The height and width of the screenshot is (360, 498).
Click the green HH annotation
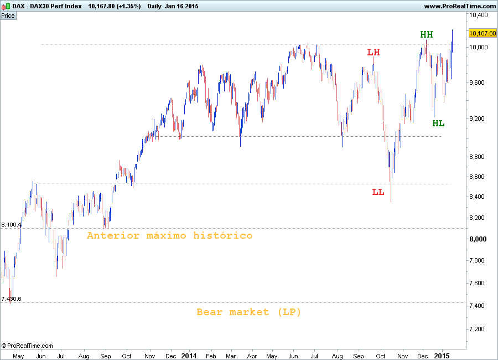tap(426, 34)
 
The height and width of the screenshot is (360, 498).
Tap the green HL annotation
tap(438, 123)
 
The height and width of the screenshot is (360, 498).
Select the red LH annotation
tap(373, 52)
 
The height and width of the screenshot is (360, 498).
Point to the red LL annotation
tap(378, 192)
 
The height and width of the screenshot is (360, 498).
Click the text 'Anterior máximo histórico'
tap(169, 235)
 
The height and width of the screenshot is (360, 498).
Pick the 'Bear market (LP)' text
tap(249, 312)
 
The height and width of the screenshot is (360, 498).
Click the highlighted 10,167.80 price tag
tap(483, 33)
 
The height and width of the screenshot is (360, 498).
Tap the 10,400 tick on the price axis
tap(479, 15)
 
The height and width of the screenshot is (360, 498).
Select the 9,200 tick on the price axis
tap(477, 119)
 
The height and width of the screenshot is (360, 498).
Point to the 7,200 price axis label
tap(477, 329)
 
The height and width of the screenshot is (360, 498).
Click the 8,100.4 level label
tap(12, 225)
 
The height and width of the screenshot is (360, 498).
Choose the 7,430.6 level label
tap(12, 299)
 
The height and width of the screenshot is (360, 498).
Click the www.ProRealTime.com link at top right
tap(460, 6)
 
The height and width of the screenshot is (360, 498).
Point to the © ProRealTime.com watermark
tap(27, 346)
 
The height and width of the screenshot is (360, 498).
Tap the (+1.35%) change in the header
tap(129, 6)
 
